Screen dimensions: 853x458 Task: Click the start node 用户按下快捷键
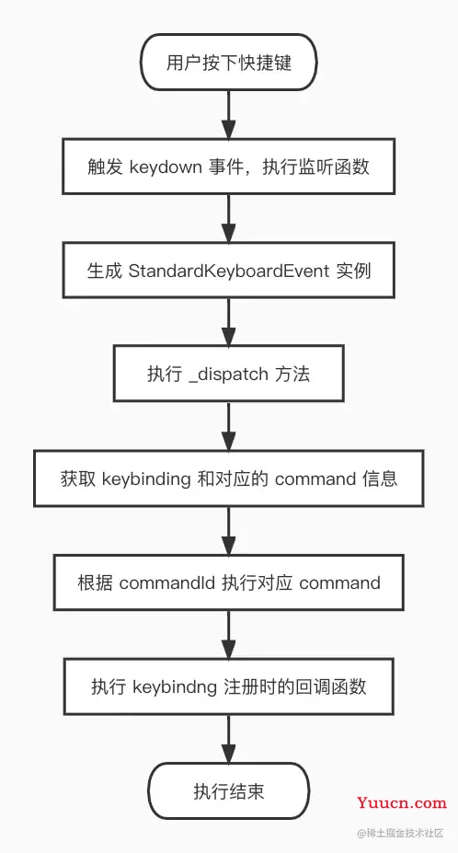[x=229, y=63]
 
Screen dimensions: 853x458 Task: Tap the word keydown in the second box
[x=166, y=167]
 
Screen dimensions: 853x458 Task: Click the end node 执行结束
[x=229, y=790]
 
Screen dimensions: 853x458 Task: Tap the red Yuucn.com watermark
[x=405, y=802]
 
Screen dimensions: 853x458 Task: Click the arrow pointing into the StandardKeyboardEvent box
[x=229, y=218]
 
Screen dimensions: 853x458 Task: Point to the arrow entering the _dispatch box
[x=229, y=322]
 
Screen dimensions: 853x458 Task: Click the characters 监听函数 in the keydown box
[x=338, y=167]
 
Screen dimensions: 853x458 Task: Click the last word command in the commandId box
[x=339, y=582]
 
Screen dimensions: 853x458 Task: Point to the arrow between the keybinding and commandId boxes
[x=229, y=530]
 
